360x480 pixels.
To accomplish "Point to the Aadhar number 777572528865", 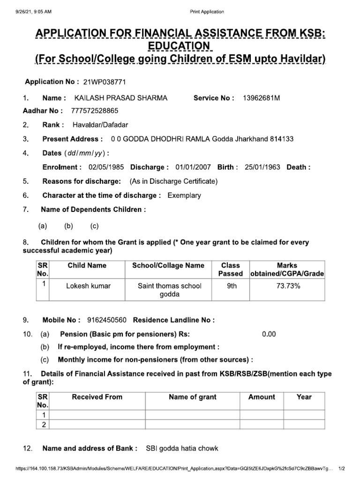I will click(x=95, y=111).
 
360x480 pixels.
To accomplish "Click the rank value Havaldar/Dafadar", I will click(x=100, y=125).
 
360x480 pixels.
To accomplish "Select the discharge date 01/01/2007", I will click(x=193, y=167).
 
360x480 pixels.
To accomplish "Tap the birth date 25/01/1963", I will click(x=262, y=167).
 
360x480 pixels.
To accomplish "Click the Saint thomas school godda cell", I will click(x=169, y=290).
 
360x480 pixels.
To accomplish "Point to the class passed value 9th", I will click(x=232, y=286).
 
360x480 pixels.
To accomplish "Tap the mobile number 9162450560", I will click(x=107, y=321).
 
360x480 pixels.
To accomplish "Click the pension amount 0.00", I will click(x=269, y=334).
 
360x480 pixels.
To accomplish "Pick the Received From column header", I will click(x=97, y=397).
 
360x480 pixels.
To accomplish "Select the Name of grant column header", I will click(x=193, y=397).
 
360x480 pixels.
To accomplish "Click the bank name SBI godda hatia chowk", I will click(x=182, y=449).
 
